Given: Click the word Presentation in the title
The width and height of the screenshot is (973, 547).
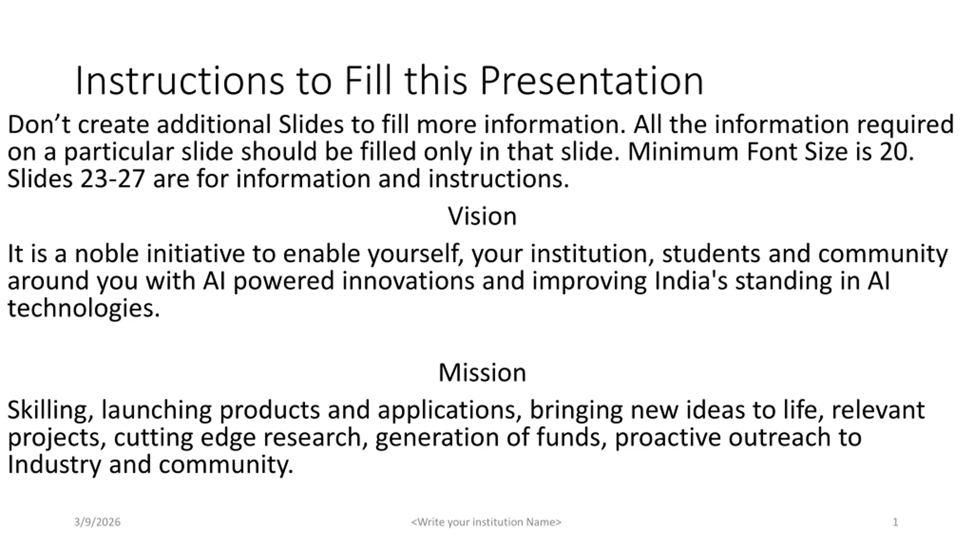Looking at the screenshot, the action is pos(592,81).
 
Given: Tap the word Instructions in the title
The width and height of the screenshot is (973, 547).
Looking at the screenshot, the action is pos(180,81).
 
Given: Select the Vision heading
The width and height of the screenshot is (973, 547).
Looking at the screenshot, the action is pos(482,216).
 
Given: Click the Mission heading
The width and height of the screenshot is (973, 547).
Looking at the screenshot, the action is pos(482,373).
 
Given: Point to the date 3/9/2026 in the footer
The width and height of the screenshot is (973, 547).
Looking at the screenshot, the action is pos(97,522).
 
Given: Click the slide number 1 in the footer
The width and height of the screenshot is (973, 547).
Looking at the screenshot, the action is pos(895,522).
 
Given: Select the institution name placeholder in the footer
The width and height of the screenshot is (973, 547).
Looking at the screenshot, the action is pos(486,522).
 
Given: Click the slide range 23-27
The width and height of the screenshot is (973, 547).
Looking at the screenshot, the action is pos(113,179).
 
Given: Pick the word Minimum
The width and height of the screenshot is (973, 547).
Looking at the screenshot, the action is pos(683,152).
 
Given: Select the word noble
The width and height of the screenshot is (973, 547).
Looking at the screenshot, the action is pos(106,254).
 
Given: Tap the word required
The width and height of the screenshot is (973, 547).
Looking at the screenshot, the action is pos(905,125).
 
